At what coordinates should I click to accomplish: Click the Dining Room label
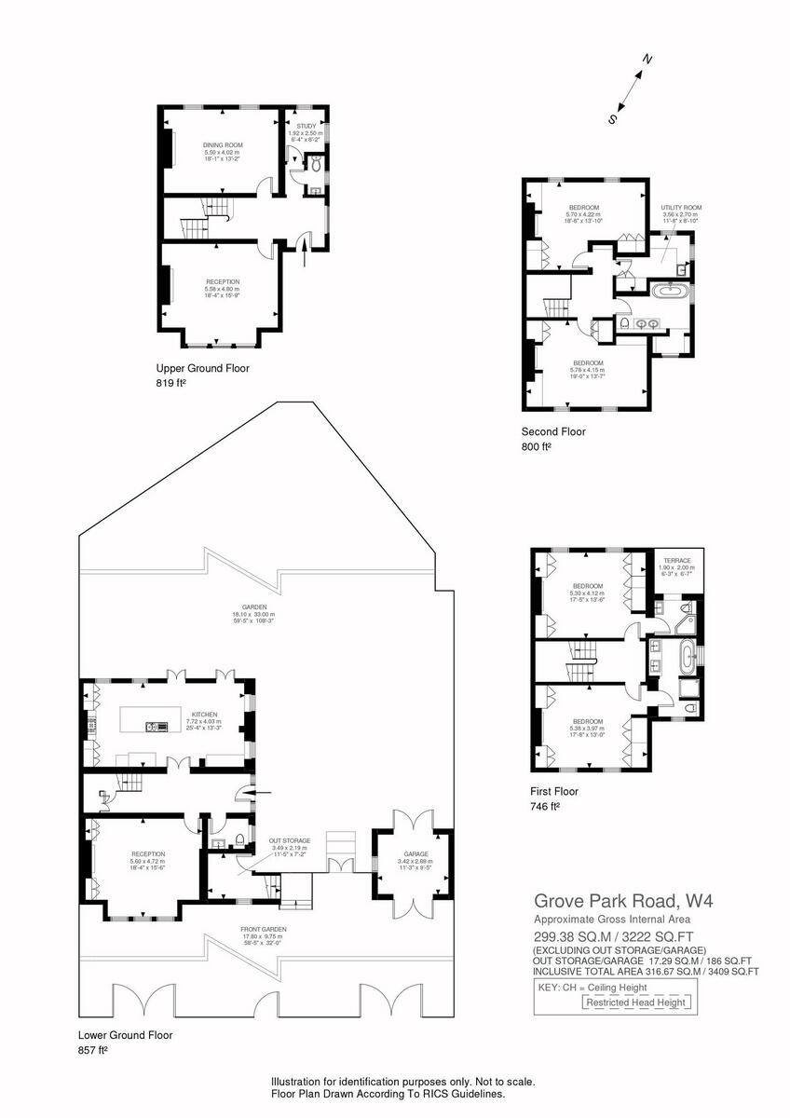[223, 145]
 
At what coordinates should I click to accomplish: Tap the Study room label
[306, 126]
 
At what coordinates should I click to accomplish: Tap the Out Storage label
[290, 840]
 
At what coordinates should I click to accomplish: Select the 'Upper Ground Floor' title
[202, 368]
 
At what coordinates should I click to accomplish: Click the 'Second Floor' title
[553, 431]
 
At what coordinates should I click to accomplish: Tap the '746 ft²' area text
[544, 807]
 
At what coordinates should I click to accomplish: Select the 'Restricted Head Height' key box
[637, 1002]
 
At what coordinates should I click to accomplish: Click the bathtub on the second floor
[670, 292]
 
